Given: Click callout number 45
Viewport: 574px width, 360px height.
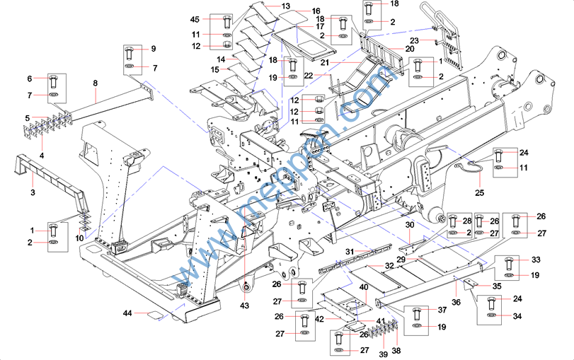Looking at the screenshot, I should tap(196, 19).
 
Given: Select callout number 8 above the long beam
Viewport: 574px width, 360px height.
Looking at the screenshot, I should tap(94, 83).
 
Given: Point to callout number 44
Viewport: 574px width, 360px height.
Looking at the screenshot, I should tap(128, 313).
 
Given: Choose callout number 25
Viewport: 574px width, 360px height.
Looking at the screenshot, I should tap(480, 192).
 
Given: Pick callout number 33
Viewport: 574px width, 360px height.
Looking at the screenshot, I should tap(536, 260).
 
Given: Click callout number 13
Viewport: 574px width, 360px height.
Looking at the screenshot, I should tap(286, 6).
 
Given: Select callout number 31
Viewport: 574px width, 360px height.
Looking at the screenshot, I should tap(349, 252).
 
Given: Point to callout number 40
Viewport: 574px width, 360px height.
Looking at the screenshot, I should tap(363, 288).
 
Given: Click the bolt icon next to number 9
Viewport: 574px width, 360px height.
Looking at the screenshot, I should tap(130, 52).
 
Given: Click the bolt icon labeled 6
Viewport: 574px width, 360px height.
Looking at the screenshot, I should tap(53, 79).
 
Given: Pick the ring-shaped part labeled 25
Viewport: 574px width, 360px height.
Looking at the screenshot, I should tap(467, 168).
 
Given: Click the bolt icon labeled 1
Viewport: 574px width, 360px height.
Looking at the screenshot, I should tap(53, 230).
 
